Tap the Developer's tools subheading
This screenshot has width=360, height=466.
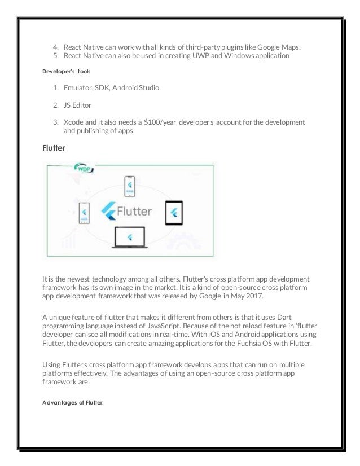(67, 71)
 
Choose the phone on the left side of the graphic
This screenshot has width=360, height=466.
(84, 213)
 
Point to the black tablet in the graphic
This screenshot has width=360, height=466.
(174, 213)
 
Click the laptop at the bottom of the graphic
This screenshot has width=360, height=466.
(130, 238)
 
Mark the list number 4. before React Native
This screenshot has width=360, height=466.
(56, 46)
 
